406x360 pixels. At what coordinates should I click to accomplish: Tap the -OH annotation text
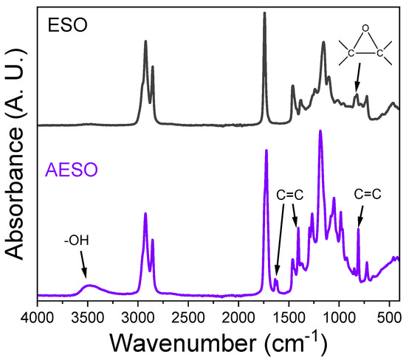[x=72, y=240]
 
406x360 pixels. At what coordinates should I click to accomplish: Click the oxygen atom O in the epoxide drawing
[x=364, y=29]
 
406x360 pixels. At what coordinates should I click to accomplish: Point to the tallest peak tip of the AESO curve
[x=320, y=131]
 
